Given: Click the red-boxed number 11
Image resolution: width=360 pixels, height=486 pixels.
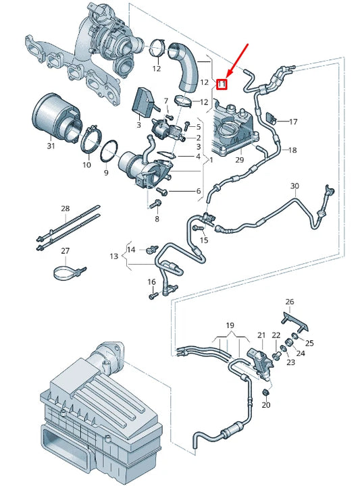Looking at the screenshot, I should click(221, 84).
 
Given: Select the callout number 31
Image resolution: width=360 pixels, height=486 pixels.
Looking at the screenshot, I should click(51, 146).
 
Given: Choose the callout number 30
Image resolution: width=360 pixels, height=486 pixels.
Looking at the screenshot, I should click(294, 186).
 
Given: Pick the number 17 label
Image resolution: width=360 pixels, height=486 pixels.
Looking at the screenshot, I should click(293, 122).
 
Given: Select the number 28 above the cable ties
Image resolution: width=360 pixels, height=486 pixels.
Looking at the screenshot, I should click(66, 209).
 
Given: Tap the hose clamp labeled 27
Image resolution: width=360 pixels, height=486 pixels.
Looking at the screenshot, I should click(67, 273).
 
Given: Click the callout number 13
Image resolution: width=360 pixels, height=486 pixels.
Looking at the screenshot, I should click(114, 256).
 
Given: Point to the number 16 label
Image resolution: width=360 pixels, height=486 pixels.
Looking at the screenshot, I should click(151, 281).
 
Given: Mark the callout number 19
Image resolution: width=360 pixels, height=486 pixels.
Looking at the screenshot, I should click(229, 324).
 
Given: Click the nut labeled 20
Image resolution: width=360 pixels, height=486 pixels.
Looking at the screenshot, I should click(265, 391).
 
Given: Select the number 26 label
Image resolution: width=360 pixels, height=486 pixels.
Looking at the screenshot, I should click(290, 301).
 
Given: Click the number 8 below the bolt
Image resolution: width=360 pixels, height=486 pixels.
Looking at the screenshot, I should click(157, 219).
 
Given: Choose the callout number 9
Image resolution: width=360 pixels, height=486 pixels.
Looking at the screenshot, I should click(106, 173).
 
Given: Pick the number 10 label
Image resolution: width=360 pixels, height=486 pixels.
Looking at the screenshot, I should click(86, 164).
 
